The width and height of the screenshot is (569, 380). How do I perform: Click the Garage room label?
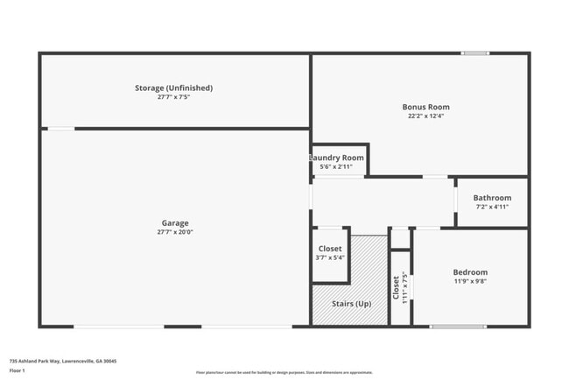point(174,223)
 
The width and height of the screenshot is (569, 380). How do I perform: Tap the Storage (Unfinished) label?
point(173,88)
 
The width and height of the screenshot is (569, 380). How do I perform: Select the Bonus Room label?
point(426,107)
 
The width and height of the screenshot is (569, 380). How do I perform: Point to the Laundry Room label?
point(337,158)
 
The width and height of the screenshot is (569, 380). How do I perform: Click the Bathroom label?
point(492,198)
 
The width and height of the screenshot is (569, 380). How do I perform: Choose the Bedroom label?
point(470,272)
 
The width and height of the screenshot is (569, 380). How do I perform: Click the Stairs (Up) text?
point(351,304)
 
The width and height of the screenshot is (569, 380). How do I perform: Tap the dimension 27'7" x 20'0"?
point(174,233)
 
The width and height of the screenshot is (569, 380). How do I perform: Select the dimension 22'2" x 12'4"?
point(426,116)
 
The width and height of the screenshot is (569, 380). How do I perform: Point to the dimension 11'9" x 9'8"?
point(470,282)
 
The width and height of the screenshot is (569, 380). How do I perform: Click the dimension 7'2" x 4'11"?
point(492,208)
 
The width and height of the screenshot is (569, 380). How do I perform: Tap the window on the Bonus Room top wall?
point(475,53)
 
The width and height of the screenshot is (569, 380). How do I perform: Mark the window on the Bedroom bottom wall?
point(458,327)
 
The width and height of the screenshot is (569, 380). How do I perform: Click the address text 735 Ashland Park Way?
point(63,361)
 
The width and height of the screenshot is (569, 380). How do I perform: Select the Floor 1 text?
point(18,371)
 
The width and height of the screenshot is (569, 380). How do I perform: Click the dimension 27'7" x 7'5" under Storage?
point(173,97)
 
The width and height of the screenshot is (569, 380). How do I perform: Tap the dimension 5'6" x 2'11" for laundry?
point(337,166)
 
